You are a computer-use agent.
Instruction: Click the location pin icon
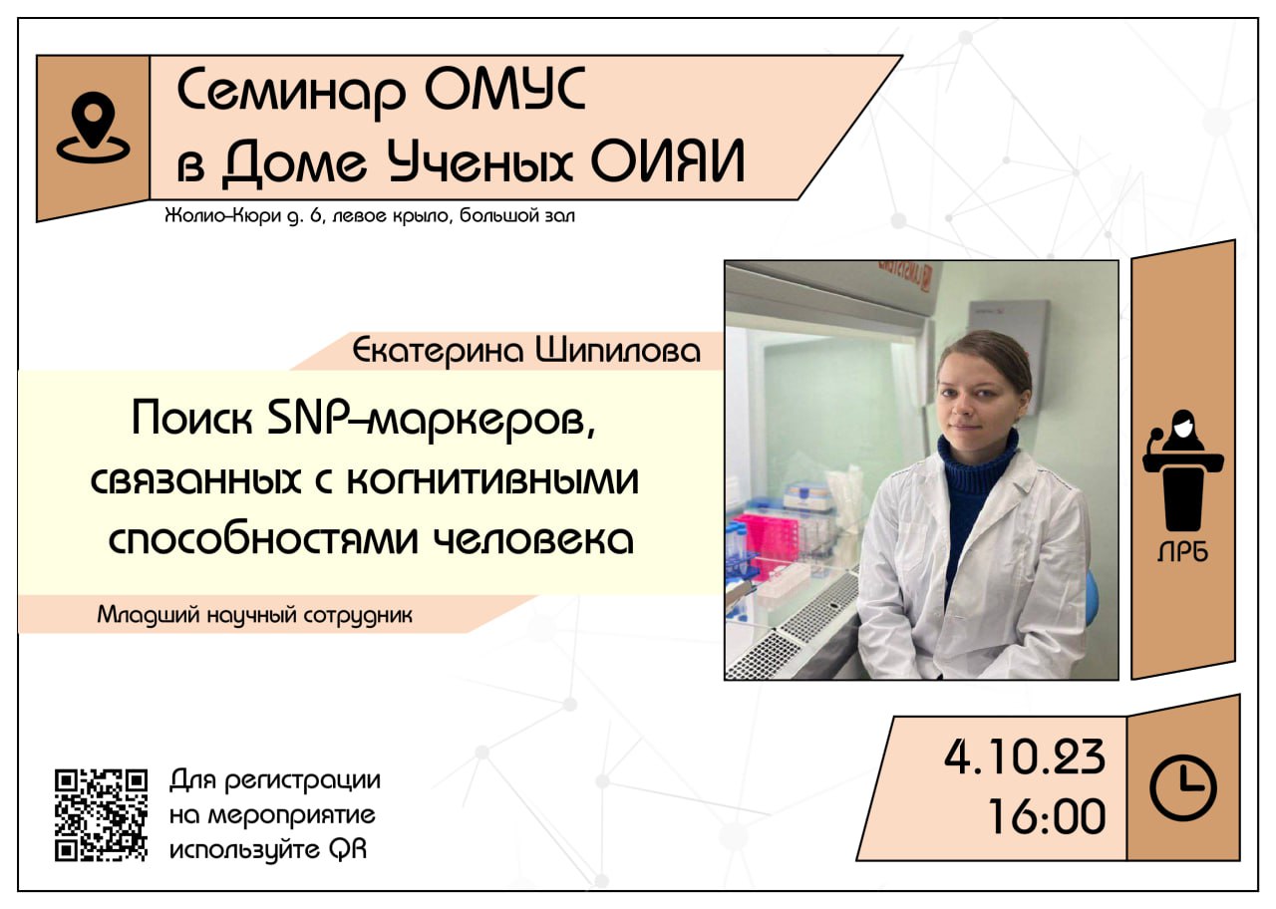pyautogui.click(x=93, y=128)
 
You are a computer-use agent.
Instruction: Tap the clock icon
pyautogui.click(x=1183, y=788)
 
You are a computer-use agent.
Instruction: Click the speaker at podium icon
pyautogui.click(x=1183, y=470)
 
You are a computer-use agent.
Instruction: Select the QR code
pyautogui.click(x=101, y=814)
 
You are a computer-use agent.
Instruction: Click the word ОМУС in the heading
pyautogui.click(x=504, y=90)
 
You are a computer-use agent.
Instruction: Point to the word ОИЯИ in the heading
pyautogui.click(x=668, y=161)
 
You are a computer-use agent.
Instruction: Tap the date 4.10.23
pyautogui.click(x=1024, y=757)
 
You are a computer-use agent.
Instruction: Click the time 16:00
pyautogui.click(x=1047, y=816)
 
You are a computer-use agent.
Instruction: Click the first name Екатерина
pyautogui.click(x=438, y=351)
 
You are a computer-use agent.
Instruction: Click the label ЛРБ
pyautogui.click(x=1182, y=552)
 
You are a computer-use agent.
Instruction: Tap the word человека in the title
pyautogui.click(x=533, y=539)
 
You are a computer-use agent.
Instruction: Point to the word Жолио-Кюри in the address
pyautogui.click(x=222, y=216)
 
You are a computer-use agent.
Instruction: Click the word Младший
pyautogui.click(x=149, y=615)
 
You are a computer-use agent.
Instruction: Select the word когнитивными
pyautogui.click(x=492, y=479)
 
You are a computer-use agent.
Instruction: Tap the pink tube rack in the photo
pyautogui.click(x=764, y=539)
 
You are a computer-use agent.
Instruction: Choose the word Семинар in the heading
pyautogui.click(x=291, y=91)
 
